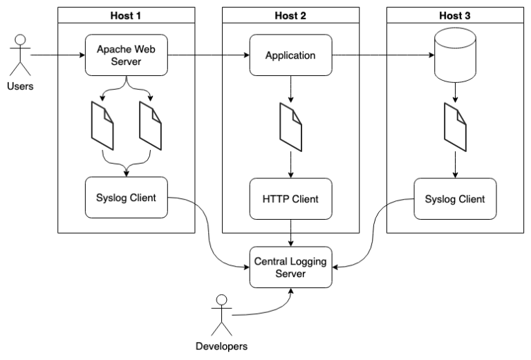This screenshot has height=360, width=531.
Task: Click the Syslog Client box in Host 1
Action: (x=126, y=198)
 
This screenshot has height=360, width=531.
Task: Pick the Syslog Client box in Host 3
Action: (x=455, y=198)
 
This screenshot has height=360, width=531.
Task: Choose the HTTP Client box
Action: (x=290, y=199)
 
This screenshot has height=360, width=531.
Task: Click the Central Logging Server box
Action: (x=290, y=268)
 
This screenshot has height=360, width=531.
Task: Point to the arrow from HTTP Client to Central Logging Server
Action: (x=290, y=234)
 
